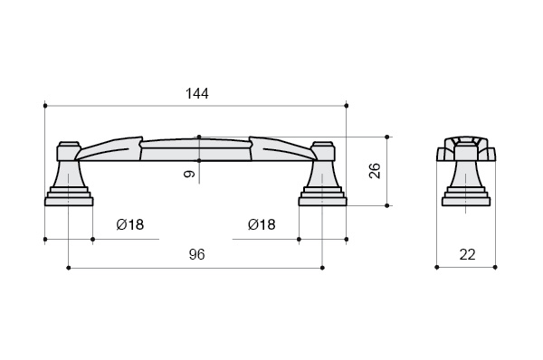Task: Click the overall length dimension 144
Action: (197, 93)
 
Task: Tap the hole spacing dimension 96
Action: (196, 254)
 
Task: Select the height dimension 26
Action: (375, 170)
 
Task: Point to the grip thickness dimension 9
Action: (189, 173)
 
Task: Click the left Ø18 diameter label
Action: (130, 224)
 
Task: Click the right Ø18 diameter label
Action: (262, 224)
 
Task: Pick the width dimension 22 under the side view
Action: (468, 255)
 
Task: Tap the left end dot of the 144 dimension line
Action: (45, 106)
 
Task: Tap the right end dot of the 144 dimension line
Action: (347, 106)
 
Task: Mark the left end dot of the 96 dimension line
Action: (68, 268)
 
